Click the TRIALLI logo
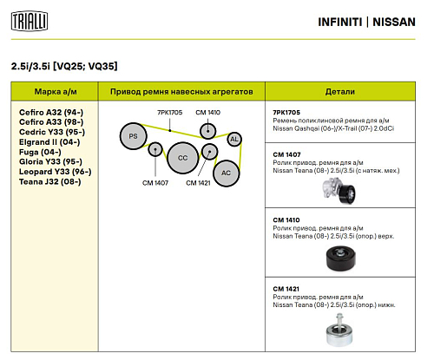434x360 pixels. point(30,20)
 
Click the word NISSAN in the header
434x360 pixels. point(399,21)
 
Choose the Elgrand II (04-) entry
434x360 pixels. point(49,141)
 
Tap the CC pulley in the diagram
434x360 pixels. point(182,157)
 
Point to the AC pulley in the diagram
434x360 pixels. point(226,172)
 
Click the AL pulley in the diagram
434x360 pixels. point(233,139)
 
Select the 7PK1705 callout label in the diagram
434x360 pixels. point(169,113)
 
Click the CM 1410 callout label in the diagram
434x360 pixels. point(208,113)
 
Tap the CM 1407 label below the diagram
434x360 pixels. point(156,183)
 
